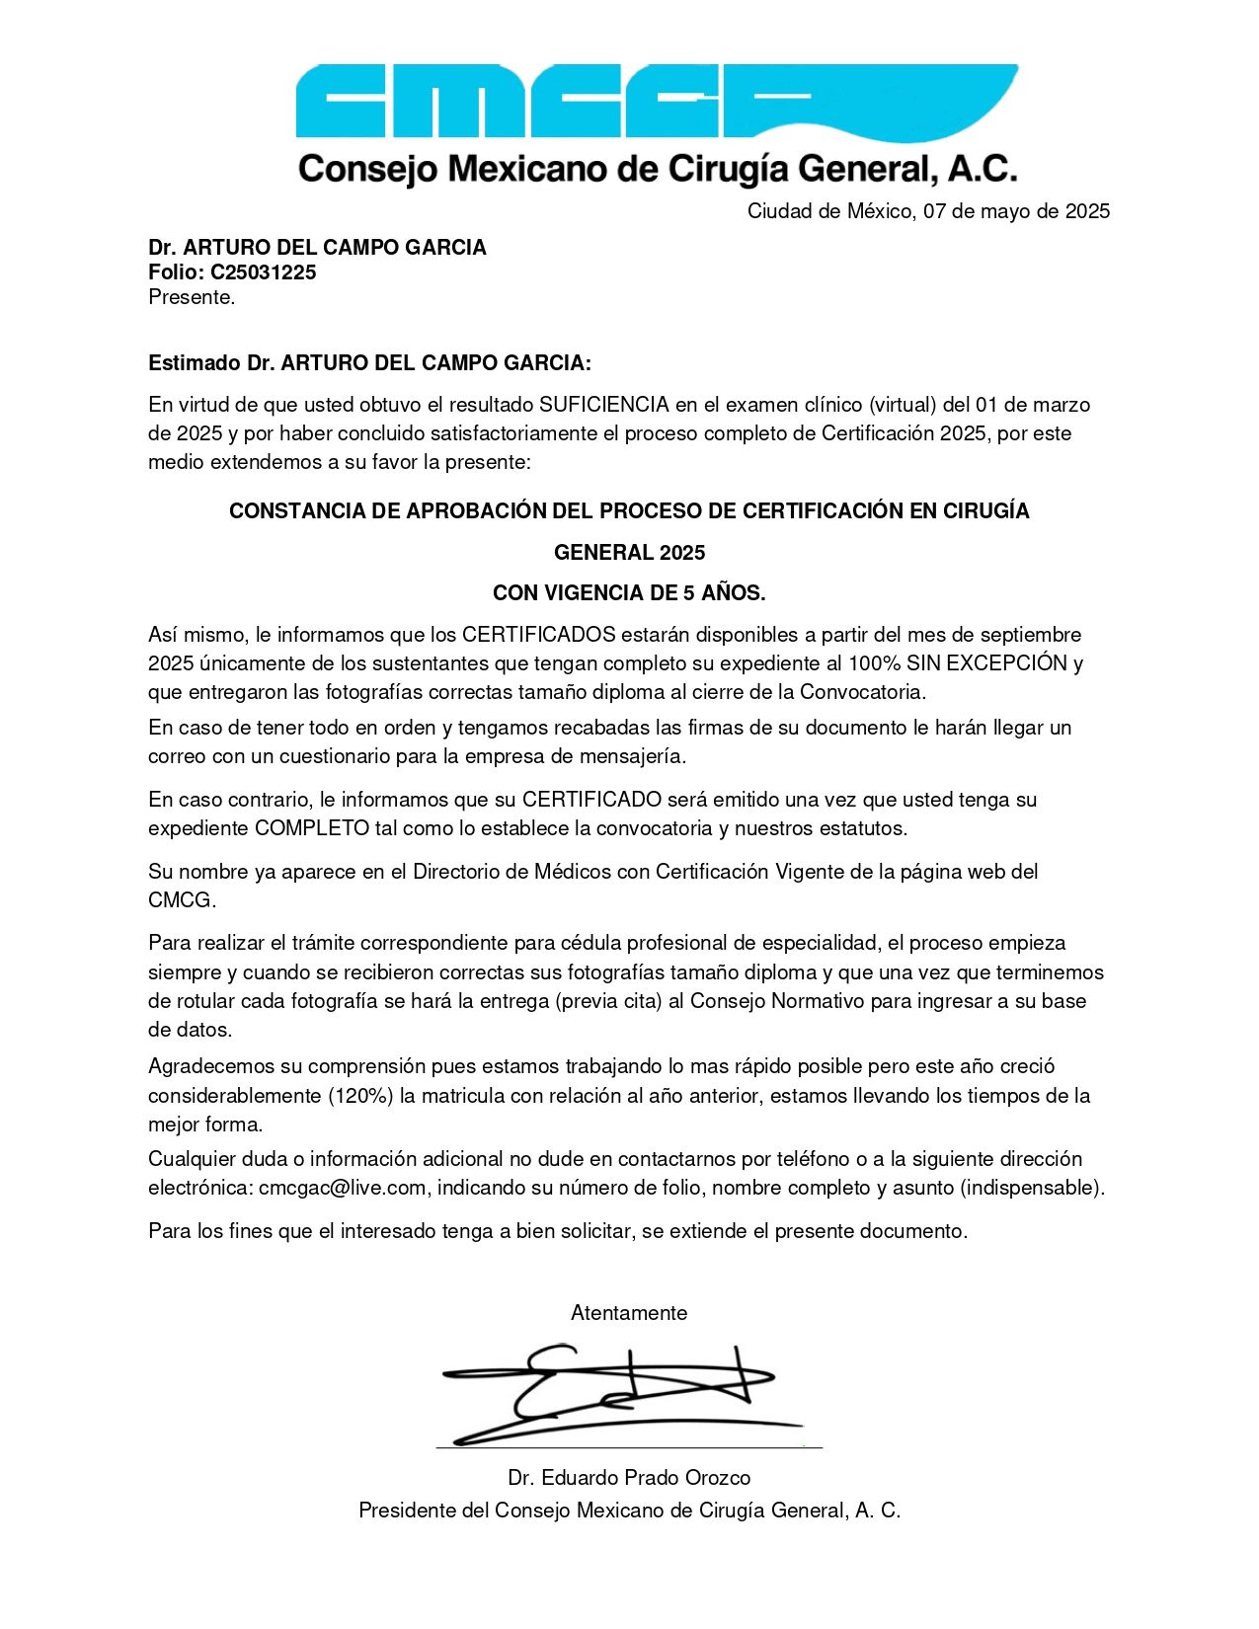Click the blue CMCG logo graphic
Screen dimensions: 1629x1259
tap(656, 101)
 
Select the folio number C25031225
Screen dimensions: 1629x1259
tap(263, 272)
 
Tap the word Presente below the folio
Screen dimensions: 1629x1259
tap(191, 297)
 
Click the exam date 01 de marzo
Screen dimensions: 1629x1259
tap(1033, 405)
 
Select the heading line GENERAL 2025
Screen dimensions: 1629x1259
tap(629, 552)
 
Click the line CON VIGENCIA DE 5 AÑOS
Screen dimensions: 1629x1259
tap(629, 593)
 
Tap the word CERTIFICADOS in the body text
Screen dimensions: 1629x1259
tap(538, 635)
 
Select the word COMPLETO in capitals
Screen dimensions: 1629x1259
tap(311, 828)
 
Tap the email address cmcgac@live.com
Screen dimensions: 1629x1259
tap(343, 1188)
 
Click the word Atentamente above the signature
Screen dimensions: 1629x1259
tap(629, 1313)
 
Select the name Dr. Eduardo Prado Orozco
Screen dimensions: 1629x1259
tap(629, 1478)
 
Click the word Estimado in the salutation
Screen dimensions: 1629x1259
tap(195, 363)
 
